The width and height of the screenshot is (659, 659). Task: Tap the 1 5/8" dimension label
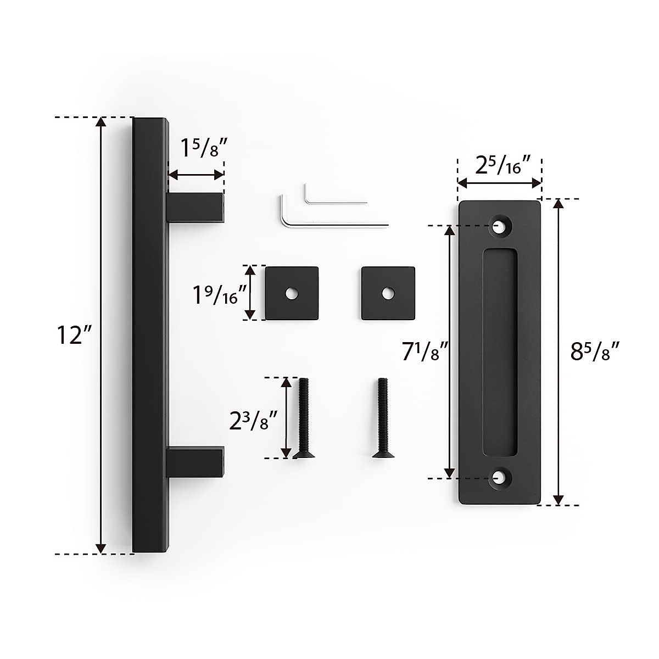coord(203,148)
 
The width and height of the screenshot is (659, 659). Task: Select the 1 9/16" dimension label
coord(217,295)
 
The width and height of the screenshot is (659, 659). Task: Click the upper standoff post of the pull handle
coord(195,209)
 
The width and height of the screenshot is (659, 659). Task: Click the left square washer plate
coord(292,293)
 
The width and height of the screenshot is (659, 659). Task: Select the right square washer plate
coord(388,293)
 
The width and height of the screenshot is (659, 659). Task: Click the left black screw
coord(304,417)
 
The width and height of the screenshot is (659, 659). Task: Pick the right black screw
coord(382,417)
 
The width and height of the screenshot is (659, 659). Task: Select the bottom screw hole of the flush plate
coord(500,478)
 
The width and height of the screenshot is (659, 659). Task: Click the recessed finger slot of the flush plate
coord(500,351)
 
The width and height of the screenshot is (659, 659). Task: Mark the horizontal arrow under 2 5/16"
coord(500,182)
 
